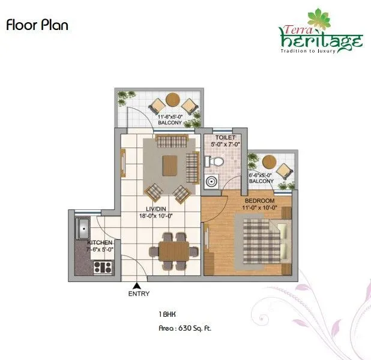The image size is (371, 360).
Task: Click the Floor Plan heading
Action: point(37,25)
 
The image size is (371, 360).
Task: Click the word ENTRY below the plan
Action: point(139,294)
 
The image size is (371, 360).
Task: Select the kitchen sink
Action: point(83,229)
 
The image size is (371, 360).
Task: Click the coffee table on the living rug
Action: point(171,164)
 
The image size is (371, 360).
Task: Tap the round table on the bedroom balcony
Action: point(269,162)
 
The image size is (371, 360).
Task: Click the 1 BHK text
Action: point(167,314)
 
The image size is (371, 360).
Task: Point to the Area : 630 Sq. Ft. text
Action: point(180,328)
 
